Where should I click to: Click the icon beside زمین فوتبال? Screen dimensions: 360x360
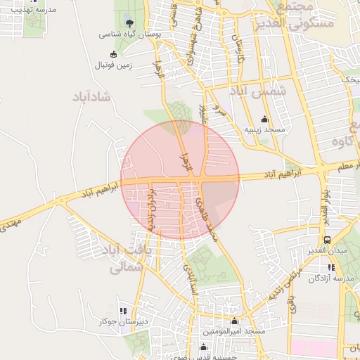click(x=114, y=54)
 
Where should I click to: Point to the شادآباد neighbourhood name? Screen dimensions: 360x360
click(x=92, y=98)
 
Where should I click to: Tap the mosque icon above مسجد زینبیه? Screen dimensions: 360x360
click(x=264, y=119)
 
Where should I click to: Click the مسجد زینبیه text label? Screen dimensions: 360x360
click(x=264, y=130)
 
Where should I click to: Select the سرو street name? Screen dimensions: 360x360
click(x=219, y=110)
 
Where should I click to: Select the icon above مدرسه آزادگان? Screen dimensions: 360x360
click(x=331, y=267)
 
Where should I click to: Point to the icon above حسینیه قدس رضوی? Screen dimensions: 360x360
click(x=203, y=347)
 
